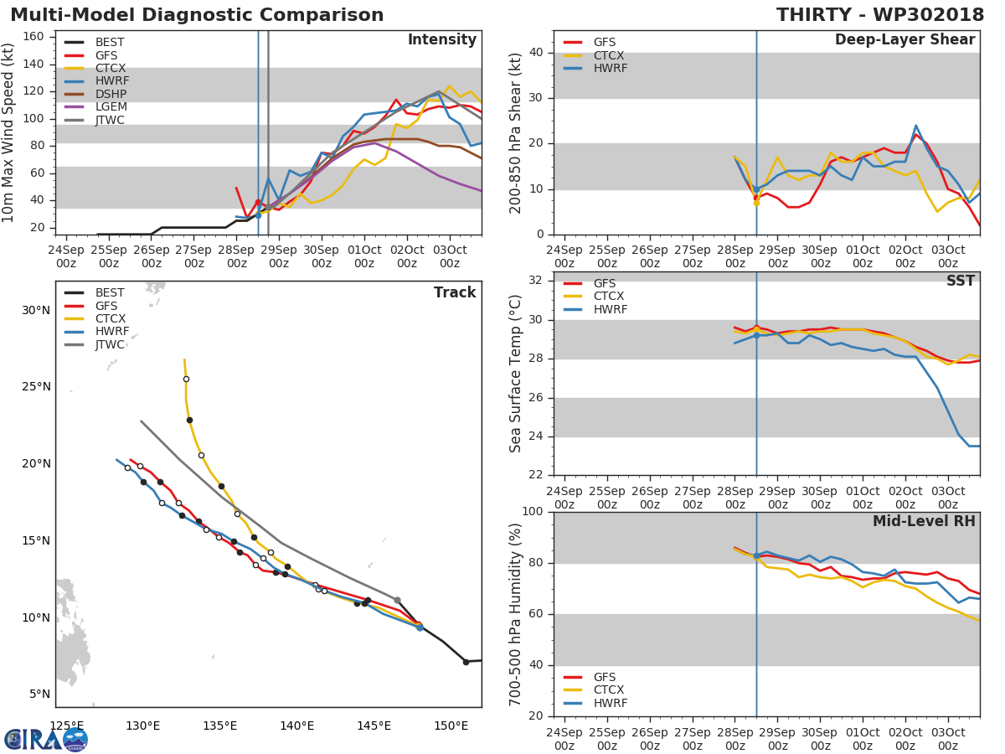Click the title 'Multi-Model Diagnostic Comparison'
click(197, 15)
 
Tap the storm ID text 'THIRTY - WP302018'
click(879, 15)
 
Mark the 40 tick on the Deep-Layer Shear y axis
click(538, 53)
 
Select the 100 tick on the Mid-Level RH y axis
click(533, 512)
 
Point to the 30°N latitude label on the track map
click(35, 311)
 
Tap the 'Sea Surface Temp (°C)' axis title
click(516, 374)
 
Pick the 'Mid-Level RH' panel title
click(924, 522)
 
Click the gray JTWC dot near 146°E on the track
click(397, 600)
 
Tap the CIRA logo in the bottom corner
click(46, 739)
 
